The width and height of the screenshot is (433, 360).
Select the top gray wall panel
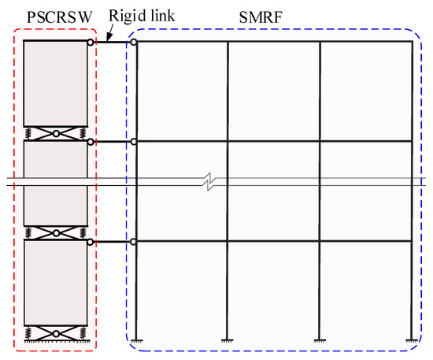pyautogui.click(x=55, y=83)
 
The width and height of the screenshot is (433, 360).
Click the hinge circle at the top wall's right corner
pyautogui.click(x=91, y=42)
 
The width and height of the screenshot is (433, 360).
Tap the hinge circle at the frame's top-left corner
pyautogui.click(x=134, y=42)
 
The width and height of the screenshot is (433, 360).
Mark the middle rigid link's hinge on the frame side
pyautogui.click(x=134, y=142)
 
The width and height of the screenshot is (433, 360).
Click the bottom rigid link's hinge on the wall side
pyautogui.click(x=91, y=241)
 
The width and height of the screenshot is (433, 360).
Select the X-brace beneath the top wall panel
pyautogui.click(x=55, y=133)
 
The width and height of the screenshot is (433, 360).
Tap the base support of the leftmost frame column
pyautogui.click(x=135, y=340)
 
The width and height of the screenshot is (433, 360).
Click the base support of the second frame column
pyautogui.click(x=228, y=340)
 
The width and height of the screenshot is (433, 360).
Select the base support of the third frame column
pyautogui.click(x=320, y=340)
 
